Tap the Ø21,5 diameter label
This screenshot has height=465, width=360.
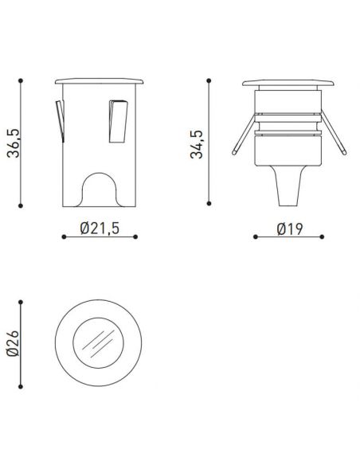click(100, 229)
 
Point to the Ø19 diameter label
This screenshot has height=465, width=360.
click(288, 229)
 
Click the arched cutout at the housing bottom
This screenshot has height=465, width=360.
click(100, 188)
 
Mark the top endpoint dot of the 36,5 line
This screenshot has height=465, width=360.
click(22, 79)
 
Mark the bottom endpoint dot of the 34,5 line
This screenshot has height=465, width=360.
click(209, 202)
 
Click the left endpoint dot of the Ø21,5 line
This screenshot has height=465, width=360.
click(63, 236)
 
